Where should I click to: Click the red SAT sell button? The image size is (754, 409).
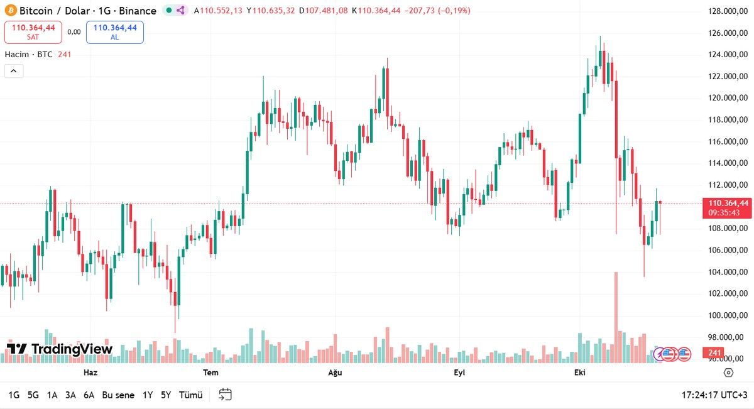pos(33,31)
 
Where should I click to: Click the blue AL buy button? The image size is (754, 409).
pos(115,31)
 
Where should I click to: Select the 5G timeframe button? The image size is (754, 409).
pos(33,395)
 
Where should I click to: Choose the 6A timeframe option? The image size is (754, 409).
pos(89,395)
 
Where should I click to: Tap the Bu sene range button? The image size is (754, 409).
pos(118,395)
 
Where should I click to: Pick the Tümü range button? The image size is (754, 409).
pos(191,395)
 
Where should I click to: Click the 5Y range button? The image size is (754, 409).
pos(166,395)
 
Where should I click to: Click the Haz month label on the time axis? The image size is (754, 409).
pos(90,373)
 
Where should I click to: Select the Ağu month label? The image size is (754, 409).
pos(335,373)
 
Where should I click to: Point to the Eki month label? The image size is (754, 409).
pos(579,373)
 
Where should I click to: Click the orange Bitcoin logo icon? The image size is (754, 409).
pos(10,11)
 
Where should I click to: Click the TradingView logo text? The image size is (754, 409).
pos(60,349)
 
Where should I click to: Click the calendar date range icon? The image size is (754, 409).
pos(225,395)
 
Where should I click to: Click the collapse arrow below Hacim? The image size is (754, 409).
pos(14,71)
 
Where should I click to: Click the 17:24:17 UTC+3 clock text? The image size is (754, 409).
pos(714,395)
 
